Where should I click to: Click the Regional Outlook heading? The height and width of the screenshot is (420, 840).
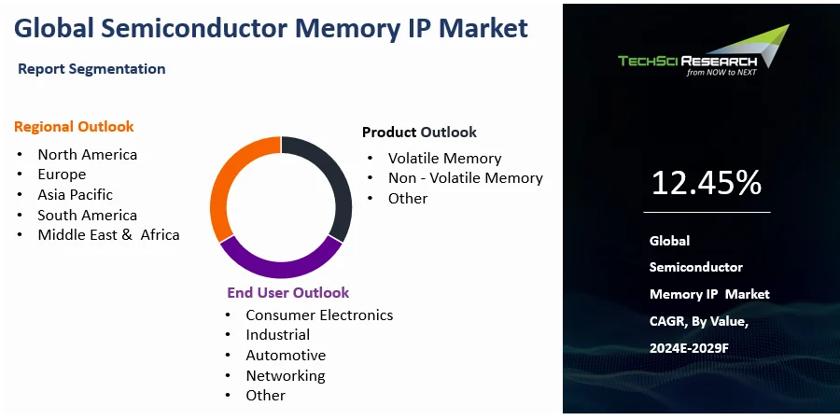[x=74, y=127]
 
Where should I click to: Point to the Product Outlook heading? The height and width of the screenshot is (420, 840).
[x=419, y=133]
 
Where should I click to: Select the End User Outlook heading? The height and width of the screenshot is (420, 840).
[x=287, y=293]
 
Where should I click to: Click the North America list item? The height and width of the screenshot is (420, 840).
[x=87, y=155]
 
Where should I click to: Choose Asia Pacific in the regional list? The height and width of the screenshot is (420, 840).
[x=75, y=195]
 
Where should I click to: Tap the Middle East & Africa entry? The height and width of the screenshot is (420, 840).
[x=108, y=235]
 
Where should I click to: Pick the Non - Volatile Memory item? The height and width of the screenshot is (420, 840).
[x=465, y=178]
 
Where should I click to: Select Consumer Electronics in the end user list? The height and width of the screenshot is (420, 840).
[x=319, y=315]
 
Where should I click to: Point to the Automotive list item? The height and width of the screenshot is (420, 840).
[x=286, y=356]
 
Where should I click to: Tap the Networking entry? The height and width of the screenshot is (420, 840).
[x=286, y=376]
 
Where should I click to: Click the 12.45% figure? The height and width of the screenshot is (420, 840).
[x=706, y=184]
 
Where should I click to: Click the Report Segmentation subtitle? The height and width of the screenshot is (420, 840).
[x=91, y=69]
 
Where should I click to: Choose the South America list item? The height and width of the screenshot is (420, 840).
[x=87, y=216]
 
